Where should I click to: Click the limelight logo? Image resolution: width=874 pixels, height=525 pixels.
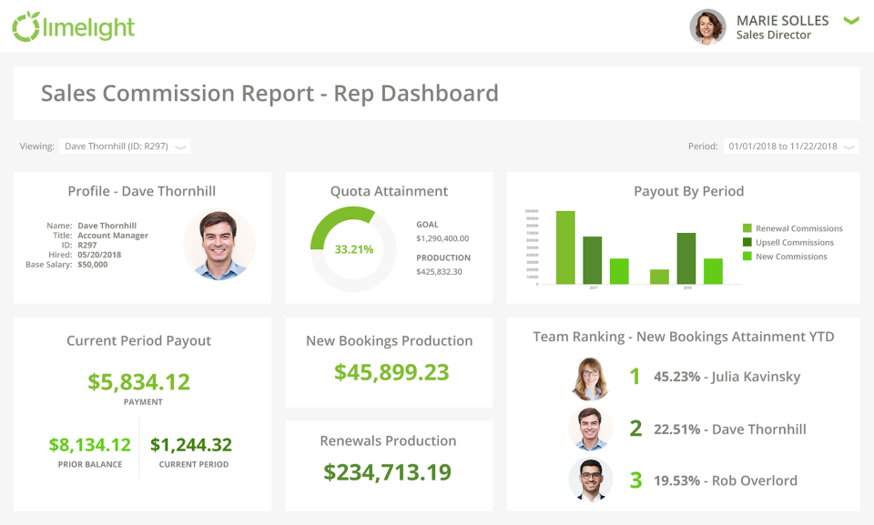coord(73,26)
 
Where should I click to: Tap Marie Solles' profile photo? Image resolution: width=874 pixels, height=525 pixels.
coord(707,27)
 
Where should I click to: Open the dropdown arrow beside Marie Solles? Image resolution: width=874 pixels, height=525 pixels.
coord(851,21)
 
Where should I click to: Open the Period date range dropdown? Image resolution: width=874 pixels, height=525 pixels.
coord(790,146)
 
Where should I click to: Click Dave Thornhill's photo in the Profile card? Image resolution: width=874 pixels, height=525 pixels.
coord(219,243)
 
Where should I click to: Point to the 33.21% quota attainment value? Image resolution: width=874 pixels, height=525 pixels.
coord(353,248)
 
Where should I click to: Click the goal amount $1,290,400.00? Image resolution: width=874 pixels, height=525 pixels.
coord(442,238)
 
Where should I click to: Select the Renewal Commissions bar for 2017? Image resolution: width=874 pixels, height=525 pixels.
coord(565,247)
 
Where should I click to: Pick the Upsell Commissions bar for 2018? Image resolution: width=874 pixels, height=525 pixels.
coord(686,258)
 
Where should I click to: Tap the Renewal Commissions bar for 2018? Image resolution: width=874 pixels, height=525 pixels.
coord(659,277)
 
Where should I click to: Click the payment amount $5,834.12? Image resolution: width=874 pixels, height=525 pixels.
coord(139,381)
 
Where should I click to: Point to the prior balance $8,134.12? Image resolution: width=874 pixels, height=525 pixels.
coord(89,445)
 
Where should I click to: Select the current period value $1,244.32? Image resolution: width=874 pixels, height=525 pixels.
coord(191,445)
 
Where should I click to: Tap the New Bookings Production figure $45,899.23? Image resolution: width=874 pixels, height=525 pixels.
coord(391,371)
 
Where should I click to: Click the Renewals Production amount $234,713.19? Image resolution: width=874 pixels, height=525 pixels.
coord(388,471)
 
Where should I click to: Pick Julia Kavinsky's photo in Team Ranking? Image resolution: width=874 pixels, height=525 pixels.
coord(589,378)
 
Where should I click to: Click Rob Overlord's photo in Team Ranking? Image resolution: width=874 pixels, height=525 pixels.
coord(589,480)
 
